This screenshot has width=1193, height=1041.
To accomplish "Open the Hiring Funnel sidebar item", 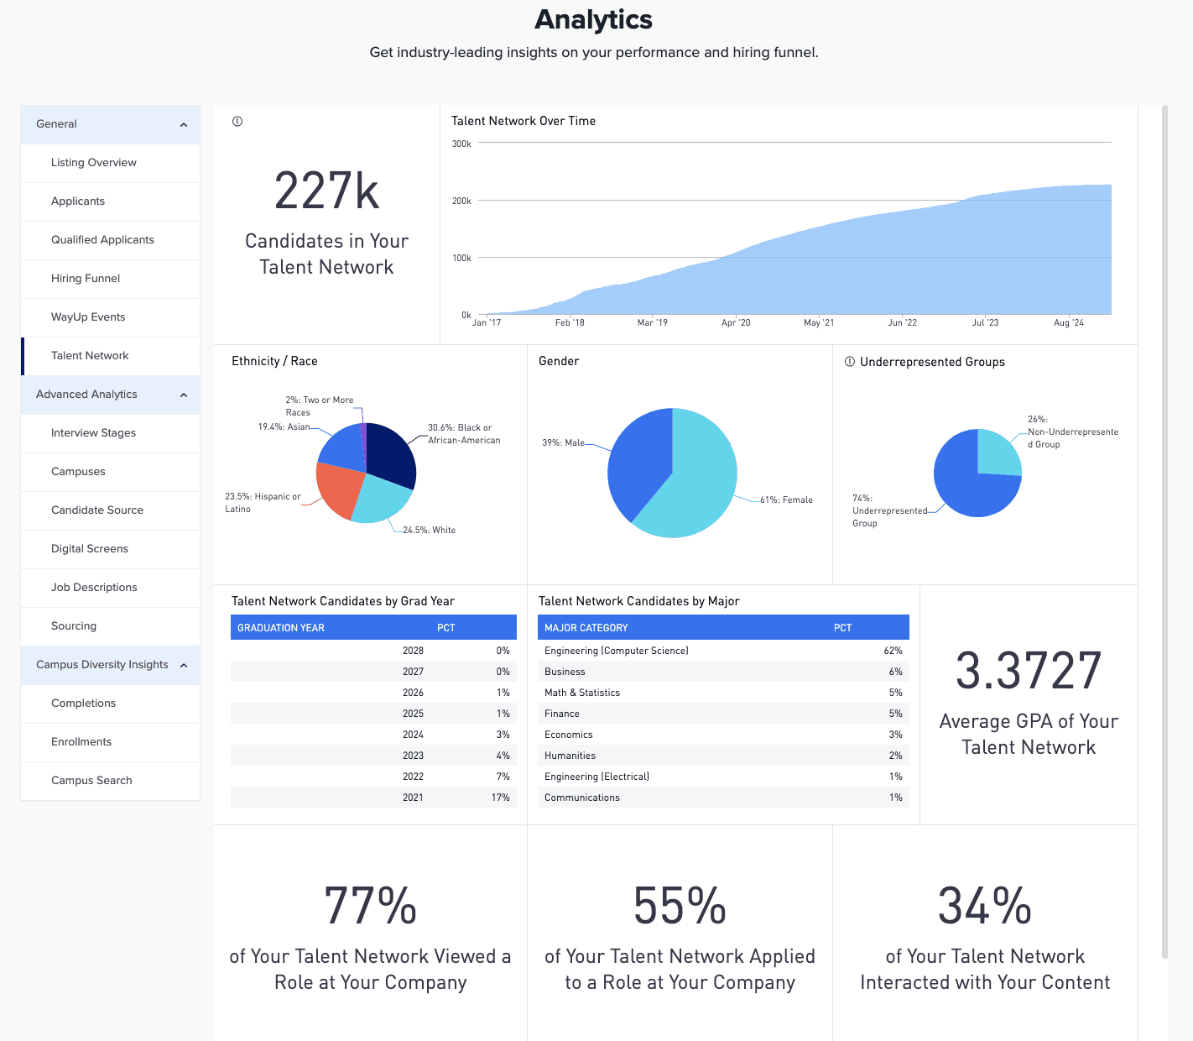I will click(86, 279).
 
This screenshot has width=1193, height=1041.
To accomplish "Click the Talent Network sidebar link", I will click(90, 356).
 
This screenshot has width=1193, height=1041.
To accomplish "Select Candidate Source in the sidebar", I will click(97, 510).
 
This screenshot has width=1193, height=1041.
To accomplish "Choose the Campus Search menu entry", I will click(91, 781).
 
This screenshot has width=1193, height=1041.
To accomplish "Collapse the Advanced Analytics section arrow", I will click(184, 395).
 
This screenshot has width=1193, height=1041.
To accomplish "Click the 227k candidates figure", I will click(326, 191).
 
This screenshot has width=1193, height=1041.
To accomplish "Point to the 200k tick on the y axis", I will click(461, 201).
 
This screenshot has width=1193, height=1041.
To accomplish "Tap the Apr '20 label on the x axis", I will click(736, 323).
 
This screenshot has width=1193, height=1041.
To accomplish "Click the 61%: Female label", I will click(786, 500).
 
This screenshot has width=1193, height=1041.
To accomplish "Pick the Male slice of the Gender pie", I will click(633, 462).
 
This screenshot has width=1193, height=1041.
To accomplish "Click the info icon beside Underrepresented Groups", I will click(850, 362).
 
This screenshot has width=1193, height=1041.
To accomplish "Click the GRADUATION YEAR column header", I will click(281, 628).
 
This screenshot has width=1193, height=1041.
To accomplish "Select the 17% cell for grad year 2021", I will click(500, 798).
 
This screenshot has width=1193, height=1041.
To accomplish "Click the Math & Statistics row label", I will click(582, 693).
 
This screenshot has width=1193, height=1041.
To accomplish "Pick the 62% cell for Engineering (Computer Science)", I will click(893, 651).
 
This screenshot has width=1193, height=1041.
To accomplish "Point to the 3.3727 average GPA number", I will click(1029, 672).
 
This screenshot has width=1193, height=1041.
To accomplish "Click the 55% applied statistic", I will click(680, 907).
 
